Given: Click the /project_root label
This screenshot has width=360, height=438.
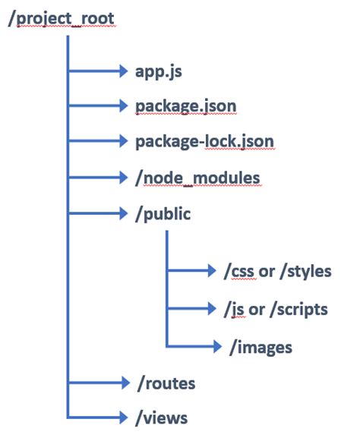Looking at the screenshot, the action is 62,19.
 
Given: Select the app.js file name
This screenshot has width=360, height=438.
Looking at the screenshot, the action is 159,72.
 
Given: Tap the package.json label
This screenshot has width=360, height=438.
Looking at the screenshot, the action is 186,107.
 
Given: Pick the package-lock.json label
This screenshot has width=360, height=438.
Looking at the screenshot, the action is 204,142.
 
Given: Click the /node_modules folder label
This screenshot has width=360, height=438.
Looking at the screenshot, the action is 197,178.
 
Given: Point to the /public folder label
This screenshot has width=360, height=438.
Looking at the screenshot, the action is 163,214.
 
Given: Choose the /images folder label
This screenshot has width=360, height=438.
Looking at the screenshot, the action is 261,348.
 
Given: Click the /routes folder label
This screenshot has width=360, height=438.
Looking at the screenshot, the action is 166,383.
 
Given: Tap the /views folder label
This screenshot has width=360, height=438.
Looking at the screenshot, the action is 161,418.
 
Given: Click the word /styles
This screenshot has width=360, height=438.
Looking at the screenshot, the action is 305,272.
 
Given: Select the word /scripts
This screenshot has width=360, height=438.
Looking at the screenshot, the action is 298,310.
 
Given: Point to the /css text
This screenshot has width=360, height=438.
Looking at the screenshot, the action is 239,272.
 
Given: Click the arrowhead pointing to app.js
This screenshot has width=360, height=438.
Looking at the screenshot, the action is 124,71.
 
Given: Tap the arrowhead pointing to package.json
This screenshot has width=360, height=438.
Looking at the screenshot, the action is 124,106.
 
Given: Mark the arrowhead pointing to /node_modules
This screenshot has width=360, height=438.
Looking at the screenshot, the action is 124,177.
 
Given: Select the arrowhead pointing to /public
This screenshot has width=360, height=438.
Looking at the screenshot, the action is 124,213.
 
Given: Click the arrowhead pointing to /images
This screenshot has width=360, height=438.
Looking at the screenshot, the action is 217,346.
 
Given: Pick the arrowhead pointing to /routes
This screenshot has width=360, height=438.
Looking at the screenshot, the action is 126,383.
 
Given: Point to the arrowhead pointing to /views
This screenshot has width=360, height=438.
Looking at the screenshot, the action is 124,418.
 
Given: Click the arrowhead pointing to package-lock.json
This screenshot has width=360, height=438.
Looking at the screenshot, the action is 124,140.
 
